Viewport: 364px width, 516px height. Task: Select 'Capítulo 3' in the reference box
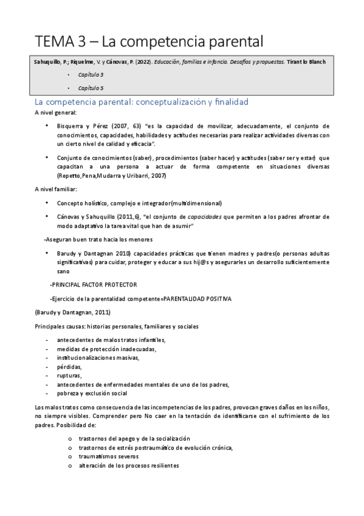pyautogui.click(x=91, y=74)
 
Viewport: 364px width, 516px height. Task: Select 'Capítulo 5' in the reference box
pyautogui.click(x=91, y=88)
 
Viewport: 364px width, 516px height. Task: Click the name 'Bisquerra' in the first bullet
pyautogui.click(x=72, y=127)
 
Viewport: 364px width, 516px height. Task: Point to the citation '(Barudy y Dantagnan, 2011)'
pyautogui.click(x=72, y=313)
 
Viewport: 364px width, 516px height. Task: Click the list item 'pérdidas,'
pyautogui.click(x=69, y=368)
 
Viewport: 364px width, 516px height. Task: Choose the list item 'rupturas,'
pyautogui.click(x=69, y=376)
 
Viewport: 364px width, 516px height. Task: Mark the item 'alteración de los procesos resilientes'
pyautogui.click(x=128, y=465)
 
